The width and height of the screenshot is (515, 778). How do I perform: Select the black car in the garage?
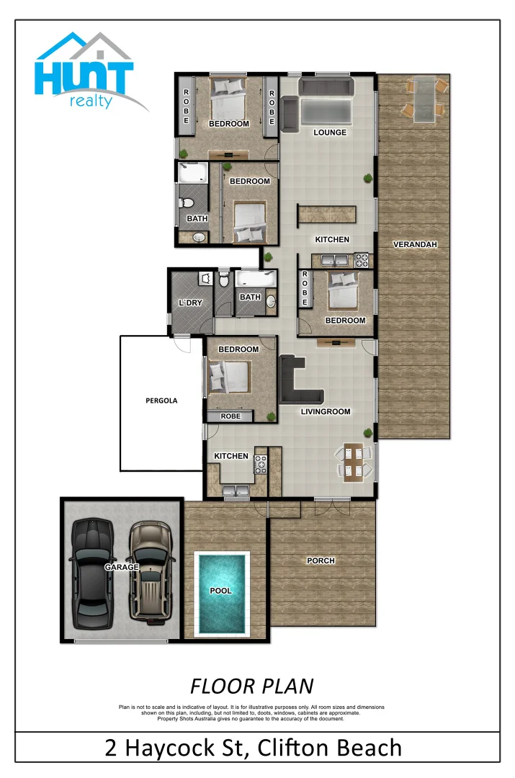[91, 564]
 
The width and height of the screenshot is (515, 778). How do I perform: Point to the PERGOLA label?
[161, 401]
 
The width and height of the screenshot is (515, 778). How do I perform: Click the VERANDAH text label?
[415, 244]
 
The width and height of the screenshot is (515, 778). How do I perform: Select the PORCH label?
[321, 560]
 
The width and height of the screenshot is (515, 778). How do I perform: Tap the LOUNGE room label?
[330, 133]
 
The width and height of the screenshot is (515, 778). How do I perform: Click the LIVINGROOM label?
[326, 412]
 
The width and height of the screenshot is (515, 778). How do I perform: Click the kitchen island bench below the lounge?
[327, 214]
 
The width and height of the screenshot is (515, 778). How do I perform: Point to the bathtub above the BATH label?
[256, 278]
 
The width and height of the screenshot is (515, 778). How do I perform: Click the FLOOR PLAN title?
[251, 685]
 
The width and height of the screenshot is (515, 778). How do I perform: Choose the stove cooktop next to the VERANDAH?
[361, 259]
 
